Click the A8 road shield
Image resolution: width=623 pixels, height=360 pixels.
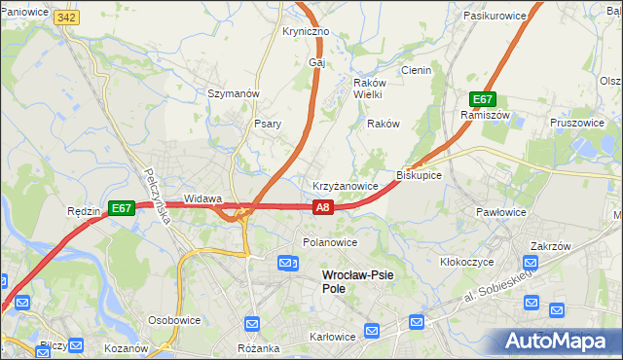(324, 206)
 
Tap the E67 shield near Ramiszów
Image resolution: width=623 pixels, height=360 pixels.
(484, 99)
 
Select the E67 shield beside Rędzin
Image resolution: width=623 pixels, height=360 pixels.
(120, 208)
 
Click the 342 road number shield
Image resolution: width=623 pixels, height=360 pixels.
(66, 18)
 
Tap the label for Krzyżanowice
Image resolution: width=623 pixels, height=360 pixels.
(345, 185)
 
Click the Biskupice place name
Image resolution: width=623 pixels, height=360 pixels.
(420, 175)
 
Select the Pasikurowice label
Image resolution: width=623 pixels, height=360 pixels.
(495, 17)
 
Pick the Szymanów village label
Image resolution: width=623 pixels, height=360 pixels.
(233, 93)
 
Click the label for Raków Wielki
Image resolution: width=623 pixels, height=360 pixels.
(368, 89)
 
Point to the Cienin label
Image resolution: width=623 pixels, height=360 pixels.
(416, 70)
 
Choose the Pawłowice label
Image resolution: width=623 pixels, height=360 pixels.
(501, 211)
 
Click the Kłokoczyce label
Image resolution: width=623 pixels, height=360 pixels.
(467, 262)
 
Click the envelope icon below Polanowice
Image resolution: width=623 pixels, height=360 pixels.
(288, 263)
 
